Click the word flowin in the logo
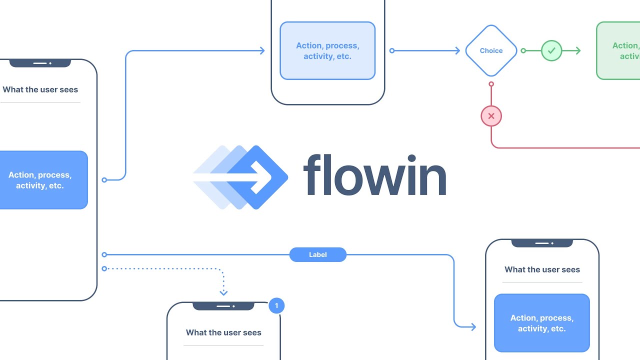click(374, 175)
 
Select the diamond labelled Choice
click(491, 50)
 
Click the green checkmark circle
click(551, 50)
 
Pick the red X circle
click(491, 116)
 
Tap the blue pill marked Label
click(318, 254)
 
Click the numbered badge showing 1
click(276, 305)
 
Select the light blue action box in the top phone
click(327, 50)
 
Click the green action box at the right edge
click(619, 50)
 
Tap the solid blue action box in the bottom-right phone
click(542, 323)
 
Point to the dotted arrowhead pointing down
click(223, 292)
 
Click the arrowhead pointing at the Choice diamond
click(456, 50)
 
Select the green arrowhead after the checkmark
click(577, 50)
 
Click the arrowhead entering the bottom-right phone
click(472, 327)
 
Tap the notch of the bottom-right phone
click(542, 243)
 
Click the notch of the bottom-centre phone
click(223, 306)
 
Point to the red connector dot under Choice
click(491, 84)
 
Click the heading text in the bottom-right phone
click(542, 269)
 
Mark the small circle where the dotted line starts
click(104, 268)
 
